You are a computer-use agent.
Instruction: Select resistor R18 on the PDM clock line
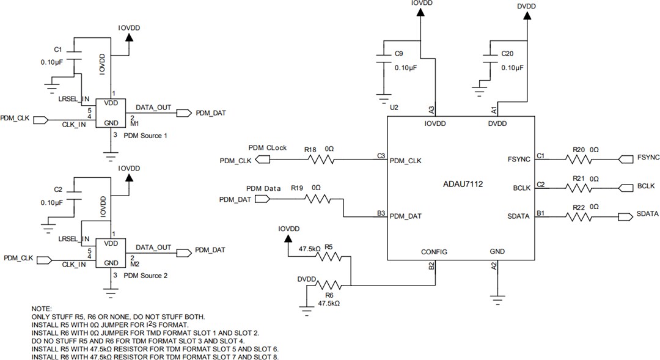coord(321,160)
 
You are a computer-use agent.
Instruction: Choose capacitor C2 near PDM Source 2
coord(75,194)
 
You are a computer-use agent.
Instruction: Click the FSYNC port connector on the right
coord(627,159)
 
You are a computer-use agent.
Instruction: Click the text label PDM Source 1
coord(145,135)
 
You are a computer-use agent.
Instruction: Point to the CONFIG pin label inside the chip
coord(434,252)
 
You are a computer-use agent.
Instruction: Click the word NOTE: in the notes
coord(42,309)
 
